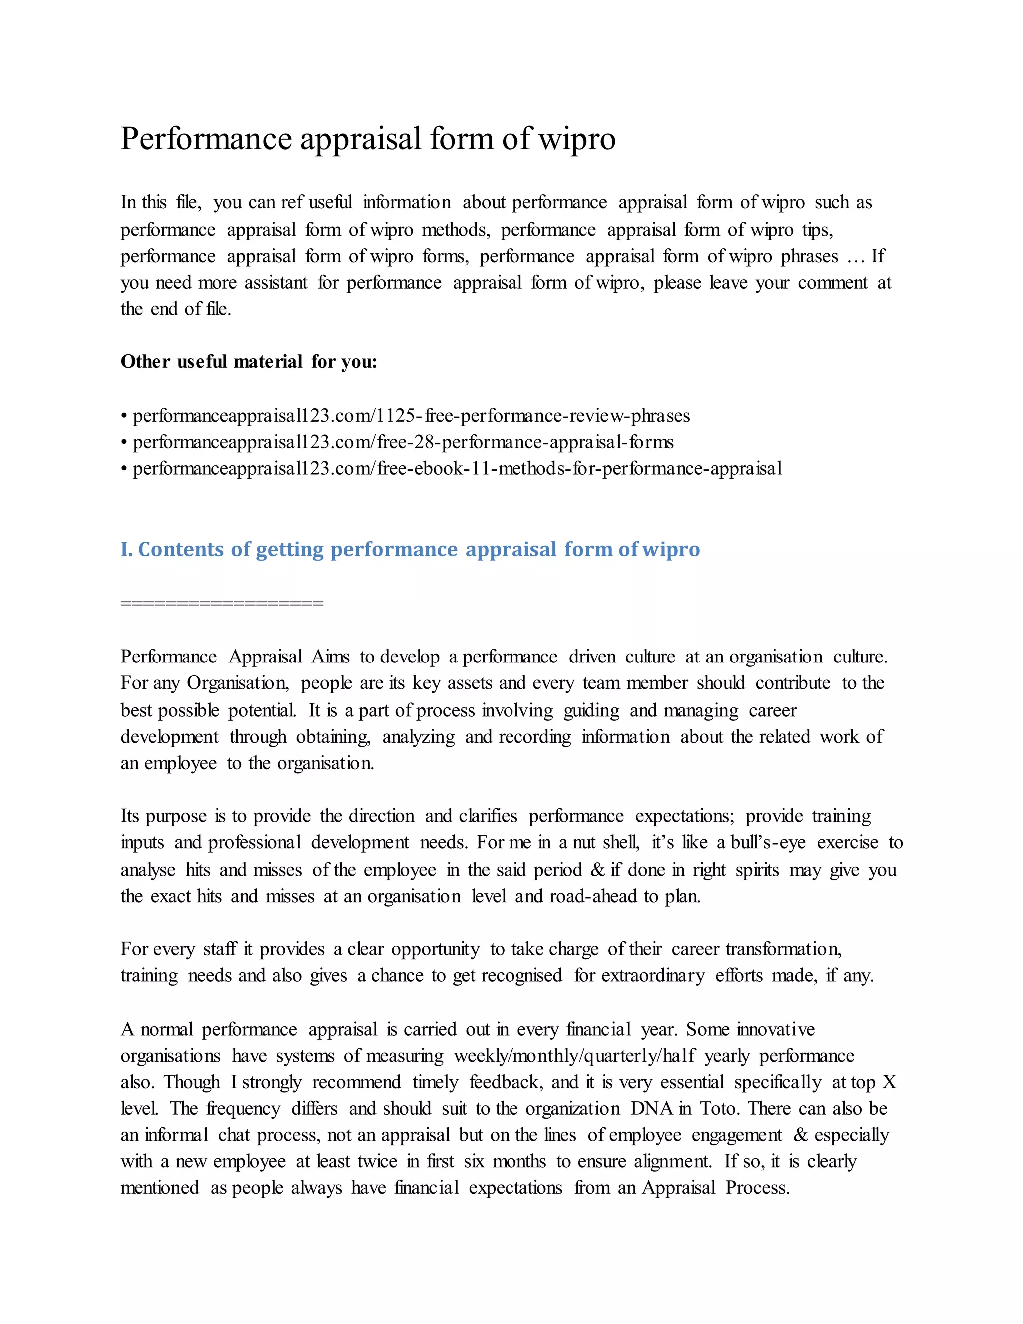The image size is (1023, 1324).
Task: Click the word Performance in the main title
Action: click(x=206, y=139)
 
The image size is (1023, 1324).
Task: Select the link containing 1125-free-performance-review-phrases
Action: click(x=412, y=416)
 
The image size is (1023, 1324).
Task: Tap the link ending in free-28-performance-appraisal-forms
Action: click(x=403, y=442)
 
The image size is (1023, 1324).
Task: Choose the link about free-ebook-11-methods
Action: click(x=458, y=468)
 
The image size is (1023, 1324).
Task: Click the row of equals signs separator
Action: click(x=222, y=603)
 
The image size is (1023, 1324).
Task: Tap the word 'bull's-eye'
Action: click(x=768, y=843)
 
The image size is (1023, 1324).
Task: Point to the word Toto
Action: click(x=718, y=1108)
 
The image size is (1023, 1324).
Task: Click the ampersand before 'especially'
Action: click(x=800, y=1134)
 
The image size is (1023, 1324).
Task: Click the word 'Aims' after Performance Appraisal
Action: click(x=330, y=657)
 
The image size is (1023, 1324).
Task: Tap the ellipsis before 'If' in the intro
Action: click(x=855, y=257)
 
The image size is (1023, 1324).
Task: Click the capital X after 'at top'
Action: click(x=889, y=1082)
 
